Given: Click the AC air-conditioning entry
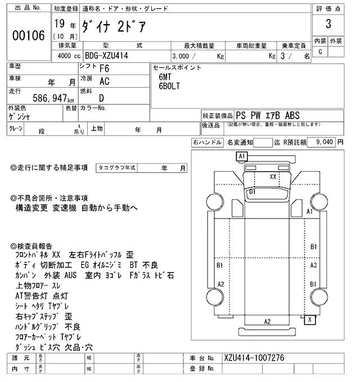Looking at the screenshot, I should coord(104,81).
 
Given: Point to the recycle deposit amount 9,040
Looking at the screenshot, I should coord(325,142).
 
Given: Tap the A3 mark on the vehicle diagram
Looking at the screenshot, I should coord(314,265).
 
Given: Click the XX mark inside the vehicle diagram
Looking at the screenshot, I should coord(273,176).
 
